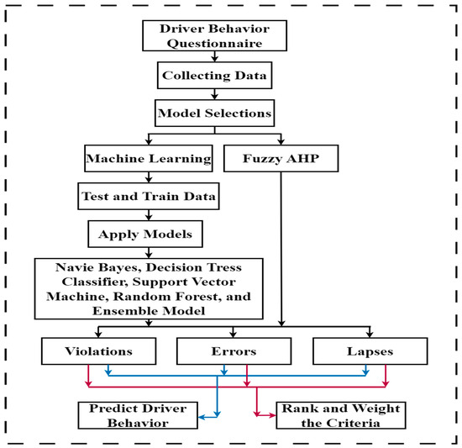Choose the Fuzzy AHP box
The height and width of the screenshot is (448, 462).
[279, 156]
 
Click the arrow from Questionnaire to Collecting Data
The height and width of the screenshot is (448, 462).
[217, 58]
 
